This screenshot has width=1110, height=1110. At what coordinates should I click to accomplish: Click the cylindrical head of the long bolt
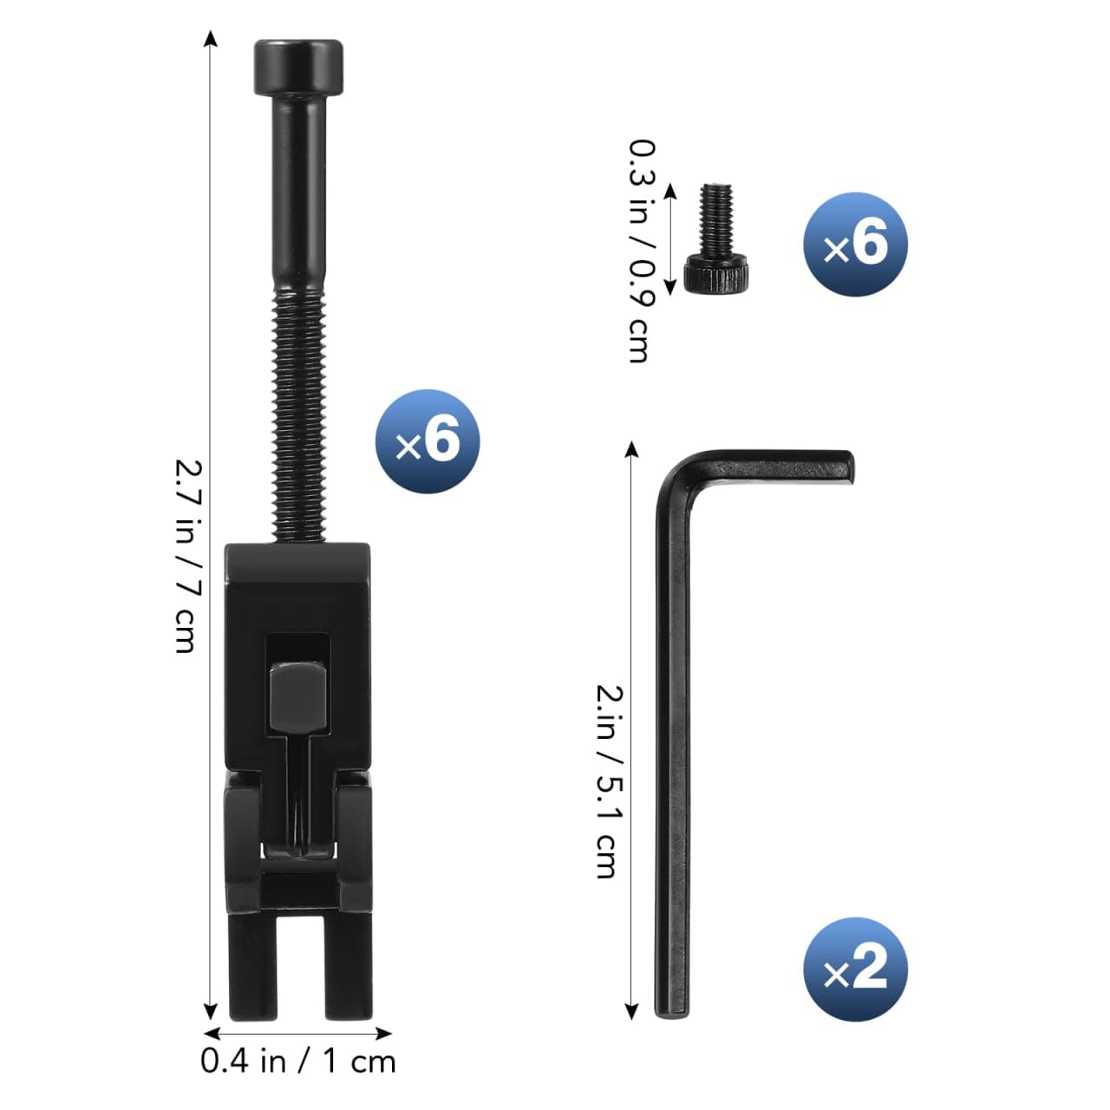(297, 68)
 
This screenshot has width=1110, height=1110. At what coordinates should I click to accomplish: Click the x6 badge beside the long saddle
(428, 441)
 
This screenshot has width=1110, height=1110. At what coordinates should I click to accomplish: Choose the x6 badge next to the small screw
(855, 245)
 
